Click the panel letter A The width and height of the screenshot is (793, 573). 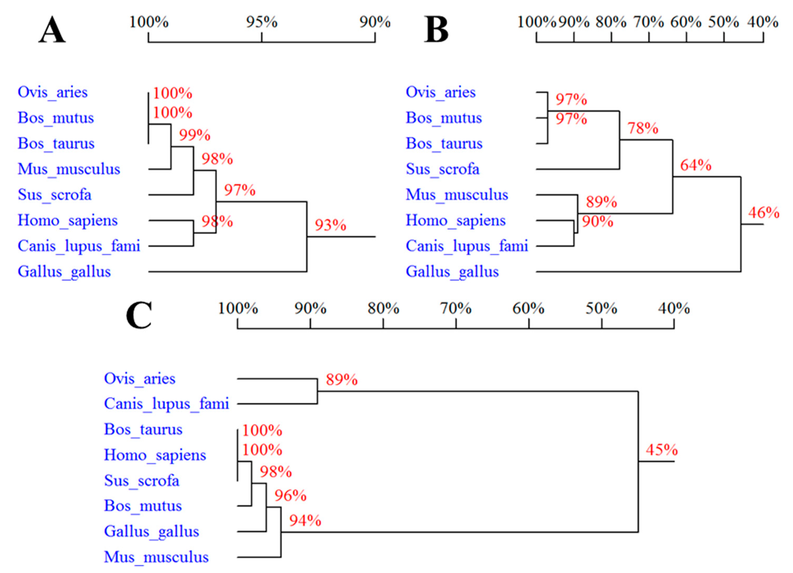52,30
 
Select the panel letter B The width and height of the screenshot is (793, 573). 436,30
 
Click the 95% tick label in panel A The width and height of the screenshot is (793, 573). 262,22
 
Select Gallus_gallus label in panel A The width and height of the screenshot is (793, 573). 64,272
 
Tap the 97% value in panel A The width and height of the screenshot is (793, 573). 240,190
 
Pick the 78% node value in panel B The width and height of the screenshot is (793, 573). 643,128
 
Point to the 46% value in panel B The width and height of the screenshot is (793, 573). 764,212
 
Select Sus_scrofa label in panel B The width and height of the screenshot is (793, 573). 442,169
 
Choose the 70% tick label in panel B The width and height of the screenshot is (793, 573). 649,22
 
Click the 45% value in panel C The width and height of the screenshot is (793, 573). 662,450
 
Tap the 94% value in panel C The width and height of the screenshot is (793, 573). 305,521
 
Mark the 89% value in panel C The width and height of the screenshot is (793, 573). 342,379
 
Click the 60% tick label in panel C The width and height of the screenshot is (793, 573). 528,308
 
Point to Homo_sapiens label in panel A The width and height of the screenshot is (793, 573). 68,221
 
